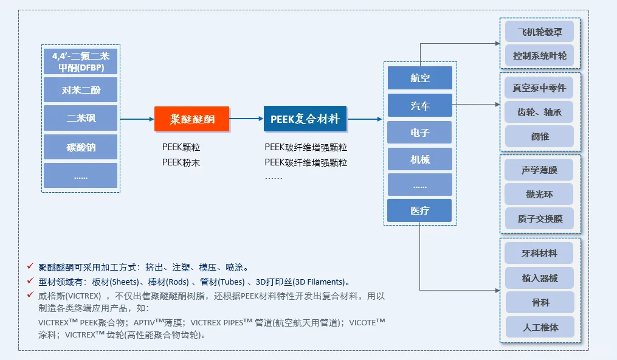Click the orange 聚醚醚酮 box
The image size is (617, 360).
[x=191, y=119]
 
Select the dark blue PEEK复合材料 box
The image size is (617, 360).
[x=305, y=119]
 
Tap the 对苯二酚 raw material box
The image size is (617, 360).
[x=80, y=90]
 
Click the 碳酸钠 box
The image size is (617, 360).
[x=80, y=147]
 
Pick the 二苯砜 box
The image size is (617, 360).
[x=80, y=118]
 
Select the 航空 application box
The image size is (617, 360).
[x=419, y=78]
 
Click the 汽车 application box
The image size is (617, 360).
[x=419, y=105]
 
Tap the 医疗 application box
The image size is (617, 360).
[x=419, y=210]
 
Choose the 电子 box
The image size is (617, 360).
[x=419, y=133]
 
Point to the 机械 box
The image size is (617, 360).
[x=419, y=159]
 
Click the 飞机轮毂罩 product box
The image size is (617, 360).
[x=539, y=32]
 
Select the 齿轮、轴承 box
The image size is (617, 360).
[x=539, y=112]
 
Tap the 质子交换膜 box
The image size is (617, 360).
[x=539, y=218]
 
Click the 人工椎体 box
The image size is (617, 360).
[x=539, y=327]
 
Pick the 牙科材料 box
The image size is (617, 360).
[x=539, y=253]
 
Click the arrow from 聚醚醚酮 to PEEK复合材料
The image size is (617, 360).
[x=246, y=119]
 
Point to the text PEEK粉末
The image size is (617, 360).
[x=181, y=162]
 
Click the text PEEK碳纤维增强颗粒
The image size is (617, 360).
[x=306, y=162]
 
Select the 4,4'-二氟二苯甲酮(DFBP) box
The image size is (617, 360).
[x=80, y=61]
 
